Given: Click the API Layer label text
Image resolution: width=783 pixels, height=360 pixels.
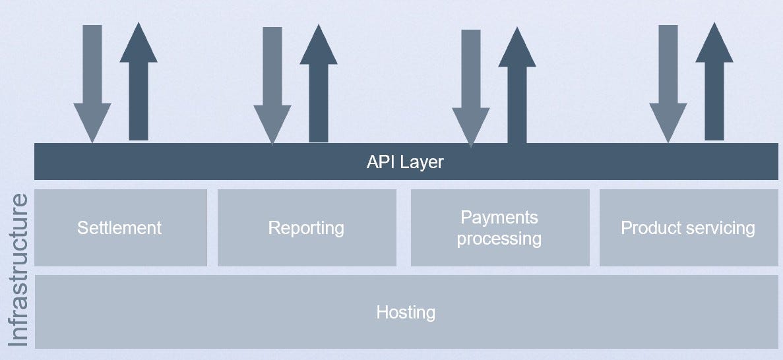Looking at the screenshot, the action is [x=405, y=162].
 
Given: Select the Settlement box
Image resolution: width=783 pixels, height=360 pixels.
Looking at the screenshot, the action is [x=120, y=227].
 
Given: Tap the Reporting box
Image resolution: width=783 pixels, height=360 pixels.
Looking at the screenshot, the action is [x=307, y=227].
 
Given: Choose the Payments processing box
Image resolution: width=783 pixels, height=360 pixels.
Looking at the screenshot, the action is [x=500, y=227].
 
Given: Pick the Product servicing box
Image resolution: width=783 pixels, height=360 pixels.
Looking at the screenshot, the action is [x=689, y=227].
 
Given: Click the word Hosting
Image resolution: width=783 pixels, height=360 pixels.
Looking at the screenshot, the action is [x=406, y=313].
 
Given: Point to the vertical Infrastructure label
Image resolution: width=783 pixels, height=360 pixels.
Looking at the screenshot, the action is [x=18, y=270].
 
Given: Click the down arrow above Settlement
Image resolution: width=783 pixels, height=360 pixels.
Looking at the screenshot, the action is [x=92, y=84].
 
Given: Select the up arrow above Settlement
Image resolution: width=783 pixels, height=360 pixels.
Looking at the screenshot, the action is [x=139, y=81].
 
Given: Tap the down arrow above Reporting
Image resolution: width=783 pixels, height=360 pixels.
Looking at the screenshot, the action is [x=272, y=85].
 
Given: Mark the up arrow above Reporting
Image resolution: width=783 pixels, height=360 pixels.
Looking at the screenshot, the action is [x=319, y=83].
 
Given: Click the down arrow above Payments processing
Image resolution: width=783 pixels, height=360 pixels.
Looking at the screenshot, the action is [x=471, y=88].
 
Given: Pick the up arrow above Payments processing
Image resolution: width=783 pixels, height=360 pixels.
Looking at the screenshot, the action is [x=517, y=85].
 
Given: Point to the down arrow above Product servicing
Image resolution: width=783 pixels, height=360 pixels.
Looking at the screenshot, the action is [x=668, y=84].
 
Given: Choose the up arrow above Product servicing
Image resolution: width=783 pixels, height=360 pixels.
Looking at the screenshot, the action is [x=714, y=81].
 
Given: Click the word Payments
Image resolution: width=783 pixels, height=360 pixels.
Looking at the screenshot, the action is [x=499, y=218].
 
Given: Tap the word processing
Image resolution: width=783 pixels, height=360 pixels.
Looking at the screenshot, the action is [x=499, y=239].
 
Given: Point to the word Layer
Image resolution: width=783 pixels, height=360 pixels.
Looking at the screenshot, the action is [x=423, y=162].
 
